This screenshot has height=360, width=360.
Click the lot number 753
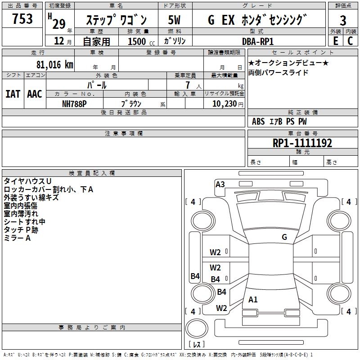(22, 18)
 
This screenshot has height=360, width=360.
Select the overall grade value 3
(343, 20)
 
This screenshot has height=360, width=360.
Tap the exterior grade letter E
(336, 41)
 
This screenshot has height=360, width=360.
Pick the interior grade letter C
(350, 41)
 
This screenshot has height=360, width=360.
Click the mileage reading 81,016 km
(55, 65)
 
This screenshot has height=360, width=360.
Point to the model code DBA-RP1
(258, 41)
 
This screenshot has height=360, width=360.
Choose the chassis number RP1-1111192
(302, 143)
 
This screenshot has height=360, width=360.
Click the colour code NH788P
(74, 104)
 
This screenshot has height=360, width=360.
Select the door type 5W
(174, 20)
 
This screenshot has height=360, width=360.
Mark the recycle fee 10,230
(225, 104)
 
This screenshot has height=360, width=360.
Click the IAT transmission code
(13, 94)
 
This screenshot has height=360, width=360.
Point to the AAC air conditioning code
(35, 94)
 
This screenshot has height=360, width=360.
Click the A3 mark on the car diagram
(220, 184)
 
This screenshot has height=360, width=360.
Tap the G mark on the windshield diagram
(284, 237)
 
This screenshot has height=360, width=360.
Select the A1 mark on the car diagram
(253, 300)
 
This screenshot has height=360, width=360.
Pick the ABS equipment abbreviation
(258, 121)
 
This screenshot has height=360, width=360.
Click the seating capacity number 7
(188, 85)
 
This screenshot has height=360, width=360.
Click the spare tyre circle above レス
(197, 328)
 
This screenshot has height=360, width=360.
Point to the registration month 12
(59, 41)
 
